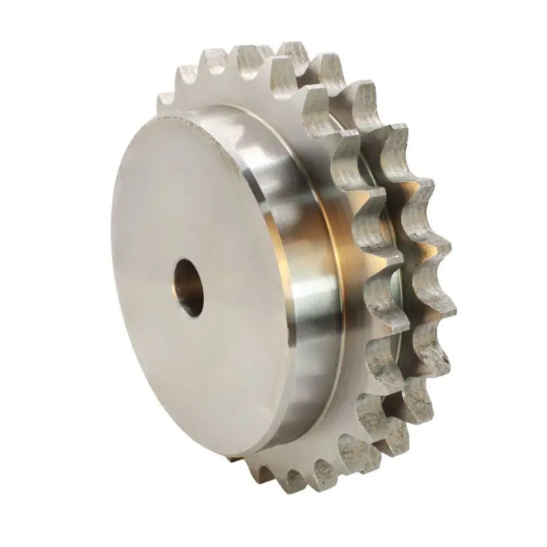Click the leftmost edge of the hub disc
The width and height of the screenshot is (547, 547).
[111, 273]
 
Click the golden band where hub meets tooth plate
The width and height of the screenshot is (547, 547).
[342, 273]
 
